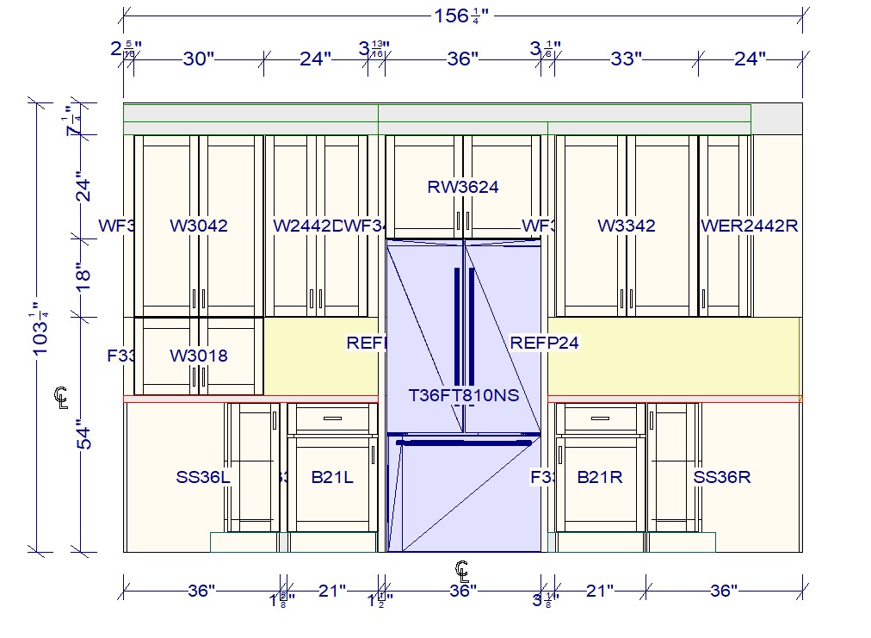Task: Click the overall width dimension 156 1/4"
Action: pos(462,15)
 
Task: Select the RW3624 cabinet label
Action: pos(463,186)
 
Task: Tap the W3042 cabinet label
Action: pos(199,226)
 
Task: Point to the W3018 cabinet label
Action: pos(199,356)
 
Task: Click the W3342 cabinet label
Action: pos(627,226)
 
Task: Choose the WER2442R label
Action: pos(750,226)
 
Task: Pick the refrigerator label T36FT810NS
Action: pos(464,396)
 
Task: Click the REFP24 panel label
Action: pos(545,343)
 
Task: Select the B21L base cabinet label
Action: pos(332,477)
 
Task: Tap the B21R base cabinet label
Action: pos(600,477)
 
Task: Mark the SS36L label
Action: pos(203,477)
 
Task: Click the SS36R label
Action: pos(722,477)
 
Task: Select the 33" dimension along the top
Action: pos(627,59)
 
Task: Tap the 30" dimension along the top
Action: pos(199,59)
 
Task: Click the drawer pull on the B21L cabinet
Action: pos(332,418)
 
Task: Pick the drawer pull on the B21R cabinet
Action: pos(600,418)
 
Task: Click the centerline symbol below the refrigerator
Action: pos(462,569)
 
